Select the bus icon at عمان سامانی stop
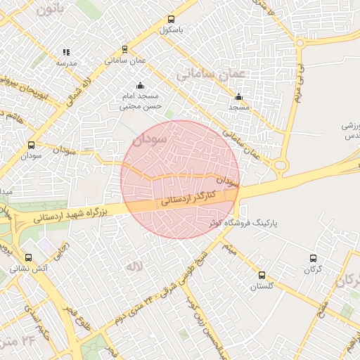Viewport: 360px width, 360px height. pos(124,49)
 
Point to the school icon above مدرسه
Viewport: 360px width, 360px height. pos(66,52)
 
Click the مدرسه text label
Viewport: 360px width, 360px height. pos(66,63)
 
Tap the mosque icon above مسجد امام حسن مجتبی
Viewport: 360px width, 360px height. pos(139,85)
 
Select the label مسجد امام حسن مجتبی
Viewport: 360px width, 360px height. pos(143,101)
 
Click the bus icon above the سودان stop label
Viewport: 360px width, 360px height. pos(31,145)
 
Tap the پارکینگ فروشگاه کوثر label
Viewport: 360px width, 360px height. pos(245,222)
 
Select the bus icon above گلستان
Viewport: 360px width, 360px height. pos(262,275)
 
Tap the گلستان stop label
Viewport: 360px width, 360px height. pos(262,286)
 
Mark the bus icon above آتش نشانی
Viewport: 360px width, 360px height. pos(29,257)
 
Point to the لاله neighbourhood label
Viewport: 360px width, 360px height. pos(134,267)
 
